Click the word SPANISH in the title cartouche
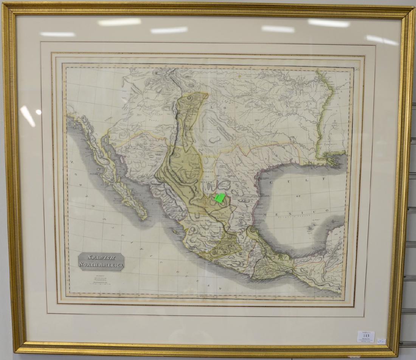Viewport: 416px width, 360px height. tap(101, 258)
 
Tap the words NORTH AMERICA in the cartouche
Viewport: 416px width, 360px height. tap(101, 265)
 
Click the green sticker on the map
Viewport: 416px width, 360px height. tap(220, 198)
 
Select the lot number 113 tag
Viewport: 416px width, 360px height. tap(366, 336)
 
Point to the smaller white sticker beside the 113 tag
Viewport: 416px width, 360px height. tap(382, 341)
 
